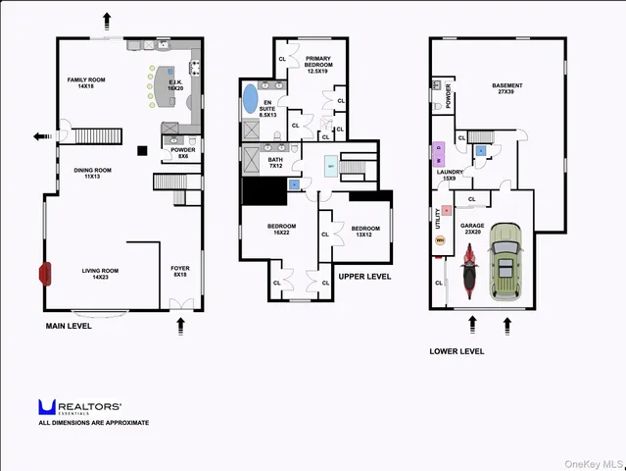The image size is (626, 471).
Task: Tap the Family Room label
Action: [86, 82]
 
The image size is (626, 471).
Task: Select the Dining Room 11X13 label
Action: [93, 173]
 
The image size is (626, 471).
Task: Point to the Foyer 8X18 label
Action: [180, 270]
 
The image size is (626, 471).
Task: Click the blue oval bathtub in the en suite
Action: [250, 99]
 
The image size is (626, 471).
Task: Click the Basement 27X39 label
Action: [506, 89]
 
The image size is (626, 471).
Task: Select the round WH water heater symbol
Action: [440, 240]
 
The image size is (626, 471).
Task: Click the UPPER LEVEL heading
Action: [364, 277]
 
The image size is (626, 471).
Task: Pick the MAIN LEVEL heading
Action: [69, 326]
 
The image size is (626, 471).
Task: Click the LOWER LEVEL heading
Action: [457, 350]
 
